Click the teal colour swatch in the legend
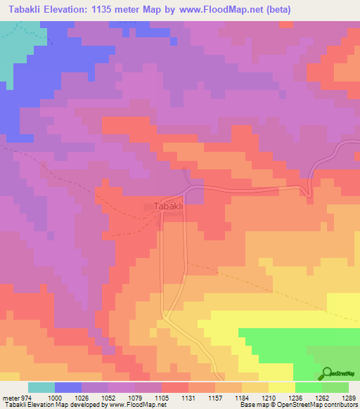click(41, 387)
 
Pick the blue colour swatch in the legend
click(68, 387)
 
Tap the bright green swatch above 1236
click(308, 387)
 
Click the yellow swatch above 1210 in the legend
click(281, 387)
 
